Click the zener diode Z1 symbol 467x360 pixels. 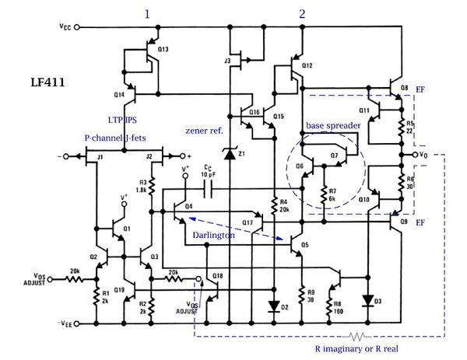(x=230, y=154)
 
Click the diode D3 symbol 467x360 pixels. (x=368, y=299)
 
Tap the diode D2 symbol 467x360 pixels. (x=274, y=306)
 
